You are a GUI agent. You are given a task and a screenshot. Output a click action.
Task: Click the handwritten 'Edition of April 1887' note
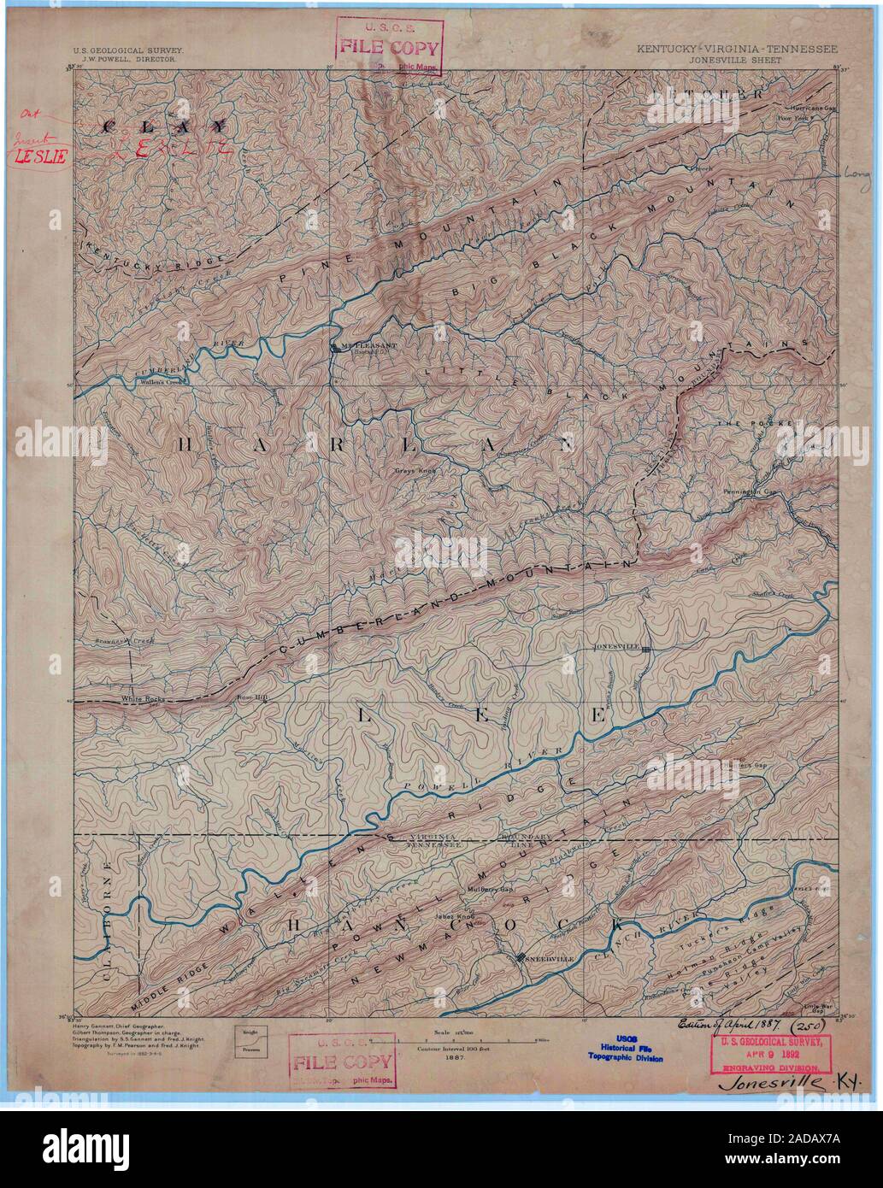[x=727, y=1024]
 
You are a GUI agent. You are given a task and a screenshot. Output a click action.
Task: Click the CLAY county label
[x=163, y=125]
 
